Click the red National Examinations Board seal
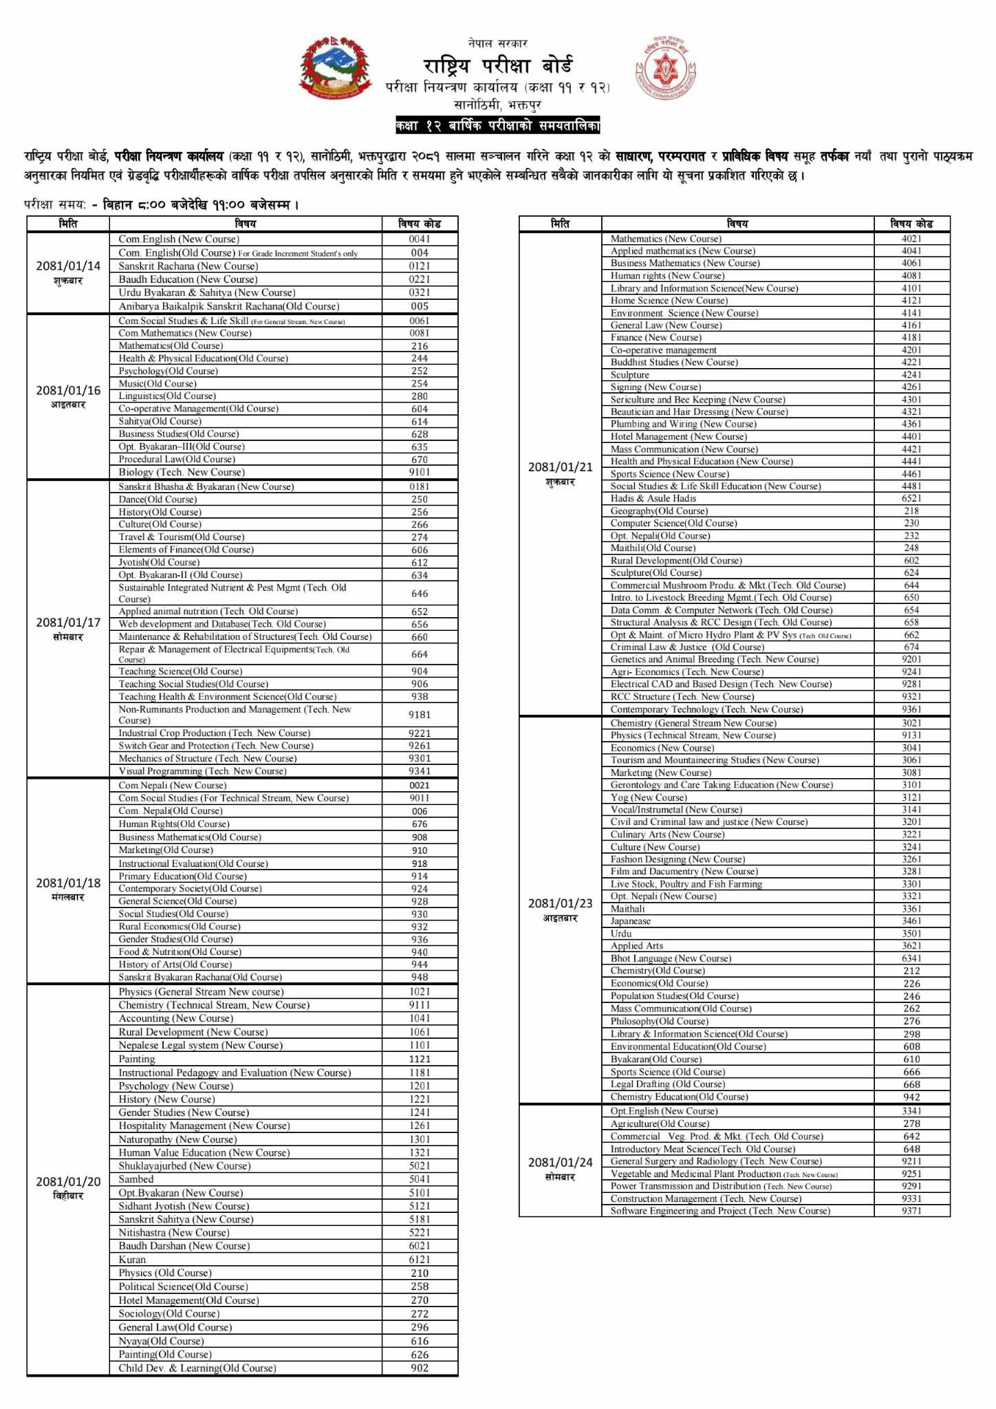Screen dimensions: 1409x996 pos(664,69)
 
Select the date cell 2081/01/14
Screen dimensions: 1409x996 pos(68,272)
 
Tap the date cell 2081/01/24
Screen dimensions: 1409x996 pos(560,1168)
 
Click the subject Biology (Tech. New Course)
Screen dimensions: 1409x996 pos(181,472)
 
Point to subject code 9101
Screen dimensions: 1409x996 pos(420,472)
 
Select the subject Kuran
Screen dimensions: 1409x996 pos(132,1259)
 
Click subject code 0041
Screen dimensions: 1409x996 pos(420,239)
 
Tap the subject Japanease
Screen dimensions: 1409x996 pos(630,921)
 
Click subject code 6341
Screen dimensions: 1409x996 pos(911,958)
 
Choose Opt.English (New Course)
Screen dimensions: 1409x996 pos(664,1110)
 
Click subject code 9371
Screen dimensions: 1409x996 pos(911,1210)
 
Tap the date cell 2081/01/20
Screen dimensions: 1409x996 pos(68,1187)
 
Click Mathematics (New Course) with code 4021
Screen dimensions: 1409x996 pos(666,239)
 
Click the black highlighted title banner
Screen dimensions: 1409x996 pos(497,126)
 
